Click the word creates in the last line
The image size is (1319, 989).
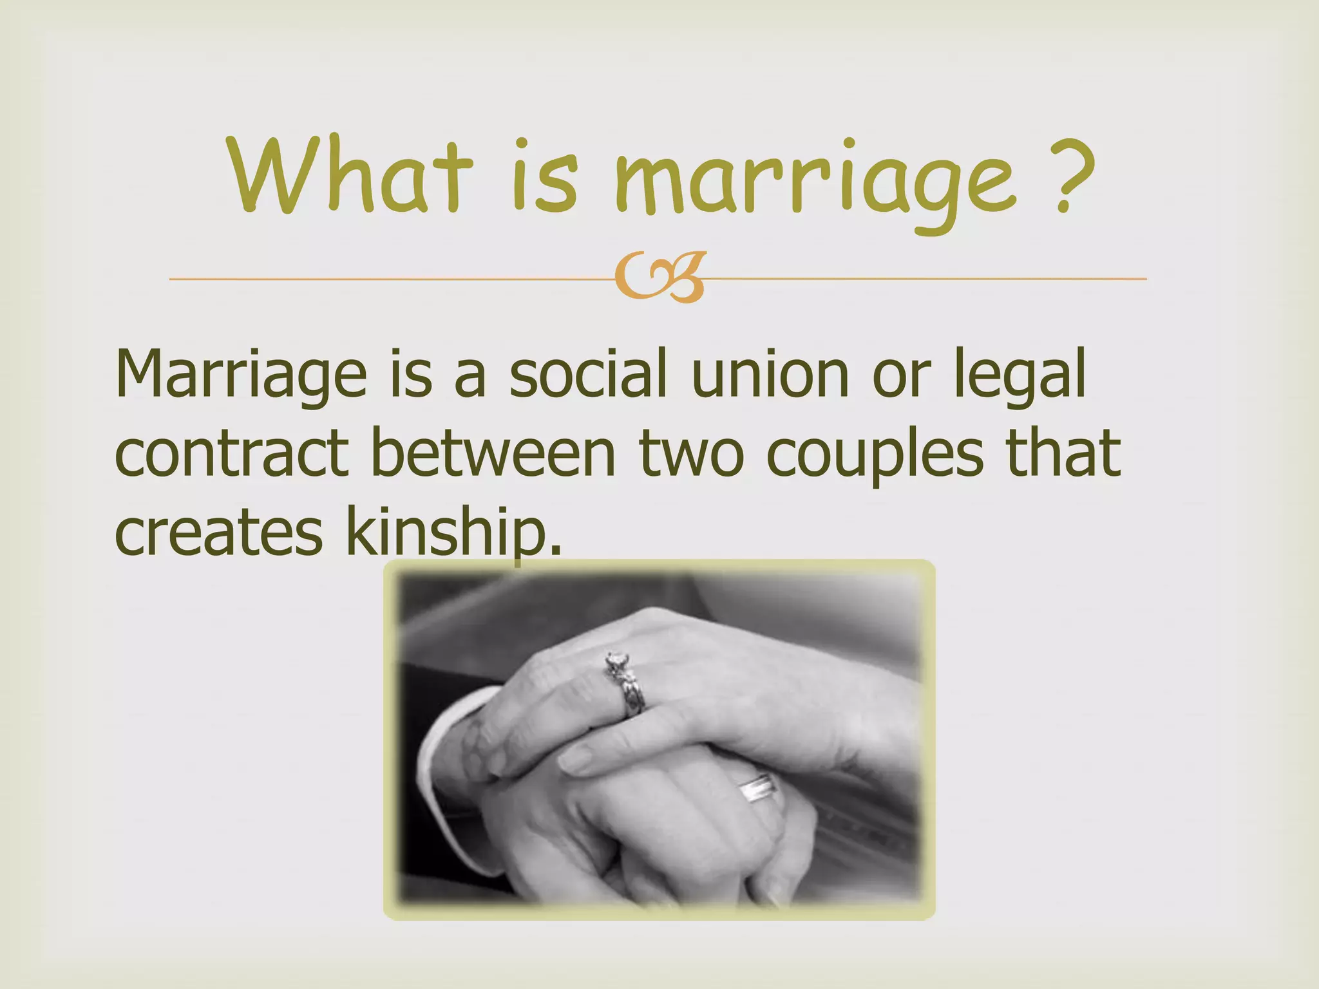(219, 534)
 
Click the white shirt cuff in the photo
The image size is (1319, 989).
(444, 740)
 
